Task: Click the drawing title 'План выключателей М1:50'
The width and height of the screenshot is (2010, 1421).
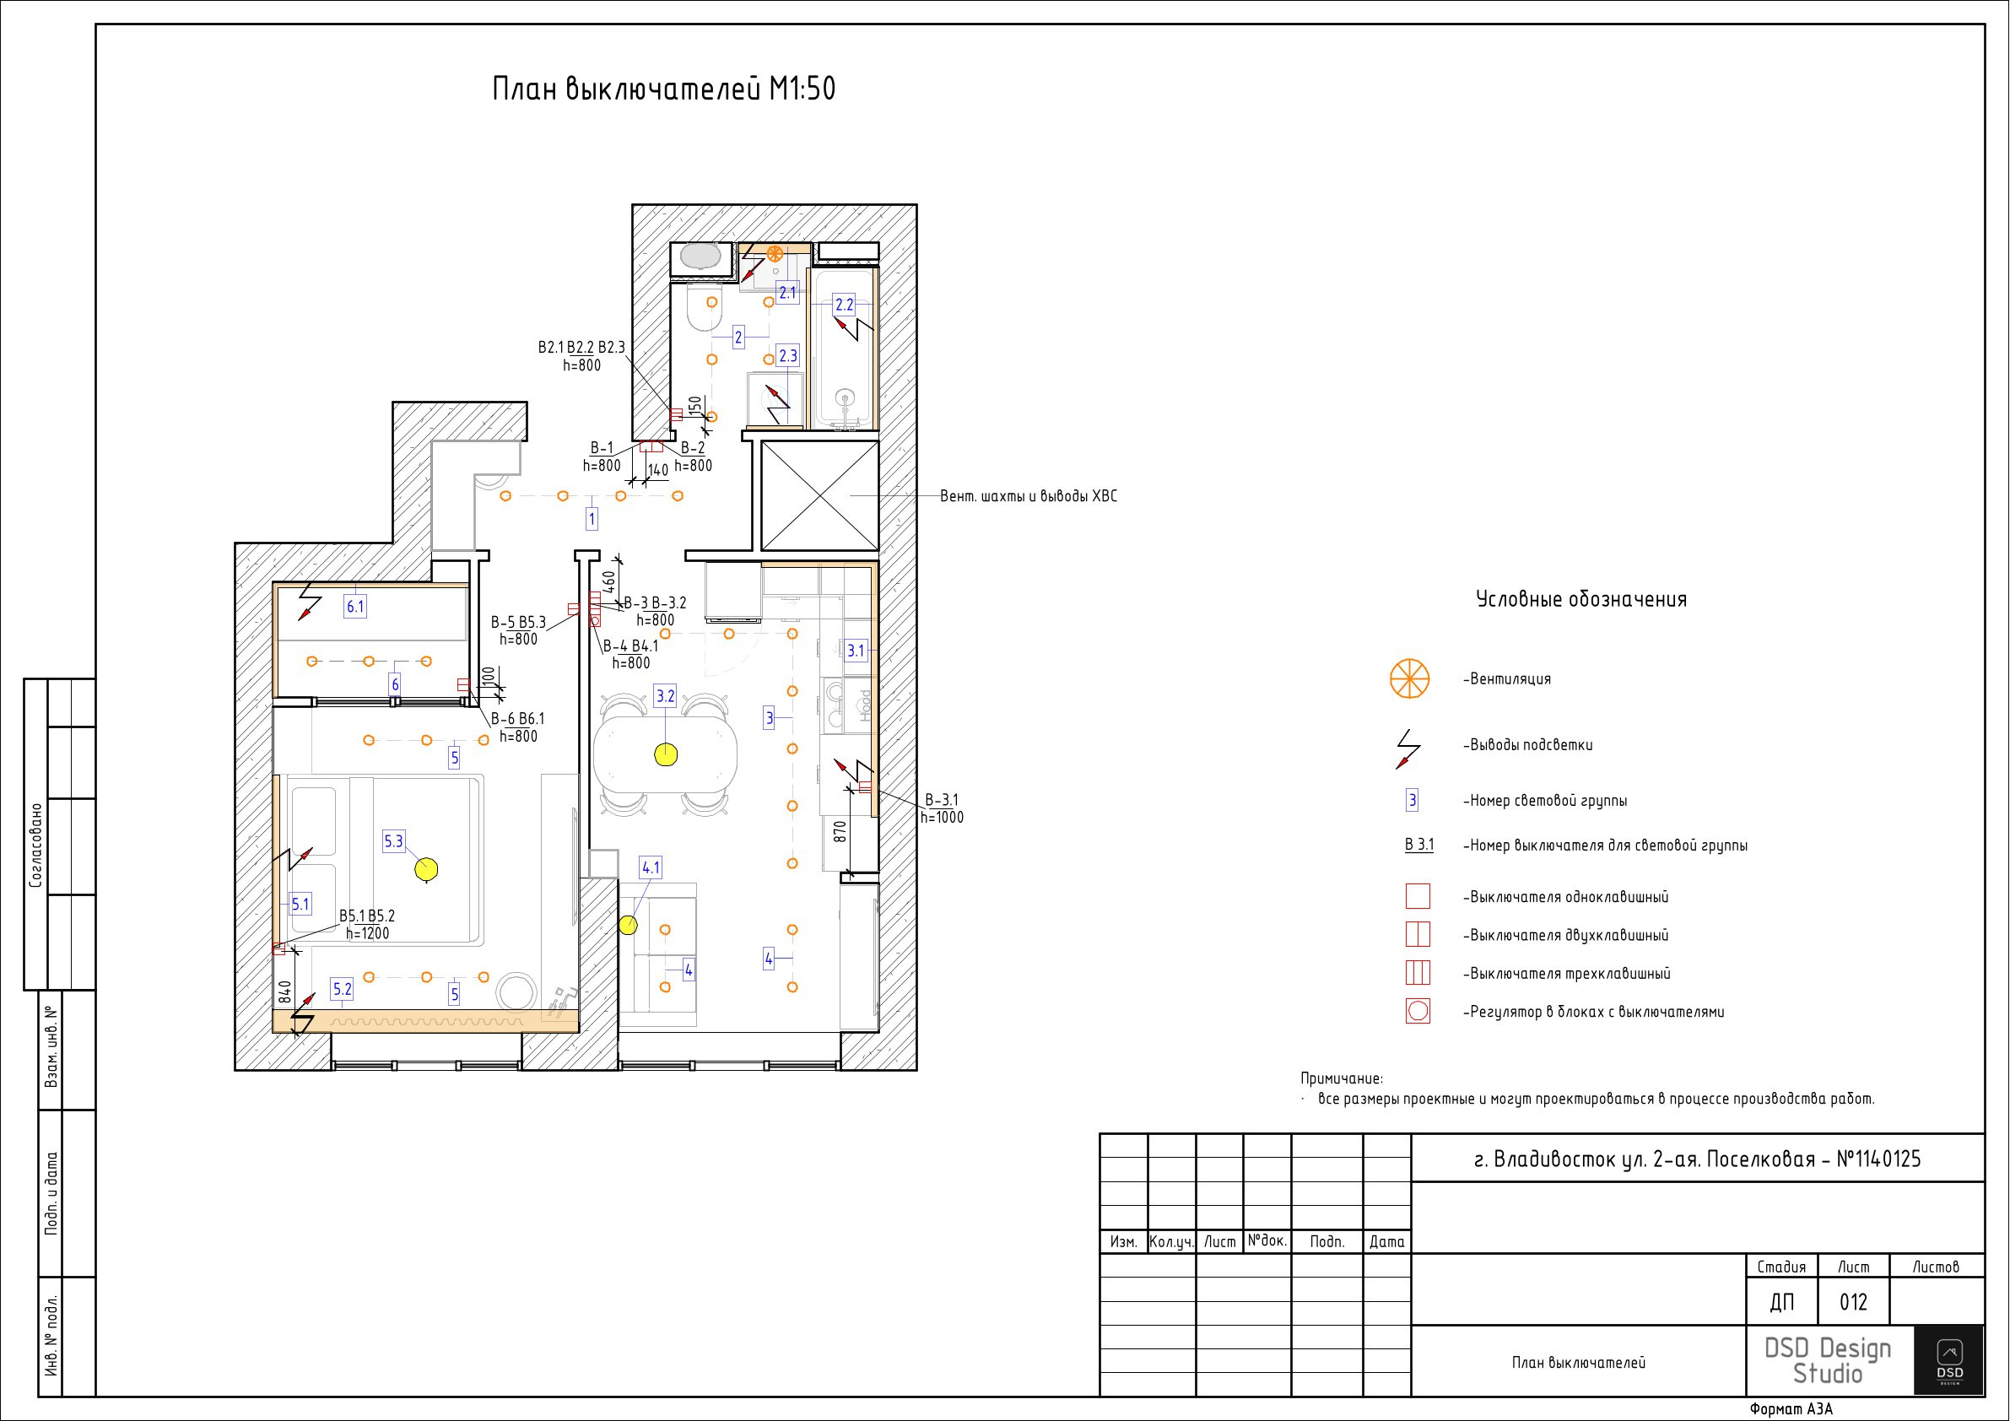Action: (663, 89)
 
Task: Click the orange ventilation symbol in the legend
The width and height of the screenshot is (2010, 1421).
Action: (1409, 678)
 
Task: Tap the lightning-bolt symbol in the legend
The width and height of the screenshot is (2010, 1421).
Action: (1408, 748)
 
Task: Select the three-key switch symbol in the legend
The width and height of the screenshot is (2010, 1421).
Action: (1418, 973)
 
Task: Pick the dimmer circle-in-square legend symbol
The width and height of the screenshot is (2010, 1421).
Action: (1418, 1011)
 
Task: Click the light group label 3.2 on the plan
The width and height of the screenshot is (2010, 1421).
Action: (665, 696)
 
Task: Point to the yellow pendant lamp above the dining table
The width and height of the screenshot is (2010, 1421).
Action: (667, 753)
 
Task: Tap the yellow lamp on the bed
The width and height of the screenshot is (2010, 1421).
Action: (426, 868)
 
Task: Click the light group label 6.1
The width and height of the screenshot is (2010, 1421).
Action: (354, 606)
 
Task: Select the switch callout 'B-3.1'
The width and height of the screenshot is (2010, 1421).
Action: (942, 799)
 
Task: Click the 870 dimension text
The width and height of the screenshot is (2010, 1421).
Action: (840, 831)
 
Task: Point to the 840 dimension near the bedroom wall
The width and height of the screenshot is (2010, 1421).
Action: (284, 992)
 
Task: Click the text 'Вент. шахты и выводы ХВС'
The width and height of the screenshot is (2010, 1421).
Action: (1029, 496)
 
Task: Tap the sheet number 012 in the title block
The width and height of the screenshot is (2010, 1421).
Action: (1853, 1303)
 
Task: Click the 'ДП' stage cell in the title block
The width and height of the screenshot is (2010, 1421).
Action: (1781, 1303)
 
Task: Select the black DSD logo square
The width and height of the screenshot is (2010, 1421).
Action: (1948, 1359)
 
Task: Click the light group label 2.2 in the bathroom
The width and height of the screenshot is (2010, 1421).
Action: (844, 305)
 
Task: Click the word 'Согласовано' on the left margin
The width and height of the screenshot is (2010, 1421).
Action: (36, 845)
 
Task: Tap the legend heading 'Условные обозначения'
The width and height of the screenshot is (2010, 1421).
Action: (1581, 600)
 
